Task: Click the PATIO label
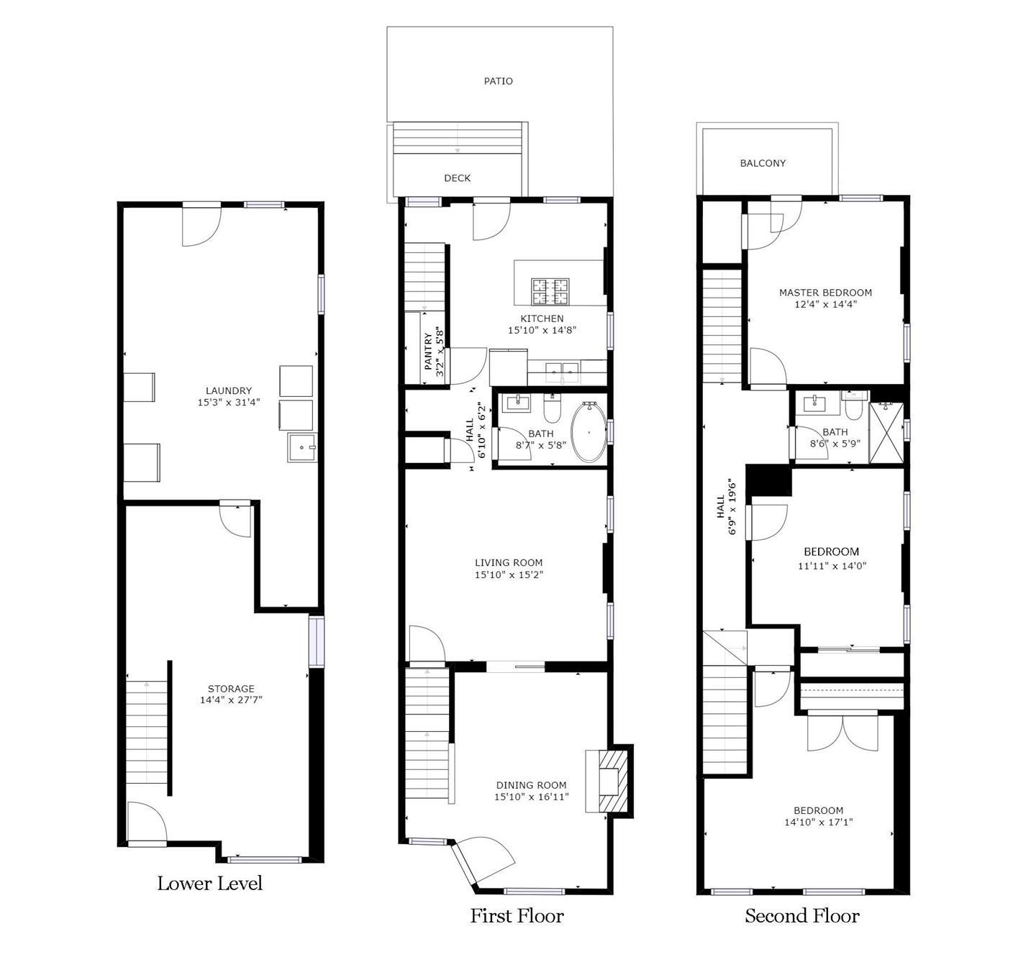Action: point(498,81)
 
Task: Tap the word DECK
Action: point(458,178)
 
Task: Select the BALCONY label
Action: point(763,163)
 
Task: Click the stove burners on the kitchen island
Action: point(550,292)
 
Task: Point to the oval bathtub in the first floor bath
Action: point(589,431)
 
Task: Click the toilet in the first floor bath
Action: point(551,408)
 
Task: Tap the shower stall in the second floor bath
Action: point(886,433)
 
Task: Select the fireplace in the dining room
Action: point(609,779)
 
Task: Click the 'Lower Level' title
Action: point(210,883)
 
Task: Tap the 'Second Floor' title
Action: point(802,916)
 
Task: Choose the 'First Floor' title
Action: point(517,916)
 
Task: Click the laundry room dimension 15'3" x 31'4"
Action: point(228,402)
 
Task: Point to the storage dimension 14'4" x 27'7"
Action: point(231,700)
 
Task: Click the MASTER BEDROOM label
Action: point(825,293)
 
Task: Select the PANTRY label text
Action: point(428,352)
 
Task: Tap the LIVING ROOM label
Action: point(509,562)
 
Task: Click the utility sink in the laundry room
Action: point(301,446)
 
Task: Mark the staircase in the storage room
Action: point(147,733)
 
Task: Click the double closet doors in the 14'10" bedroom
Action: point(842,733)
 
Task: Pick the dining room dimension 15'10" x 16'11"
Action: point(532,797)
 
